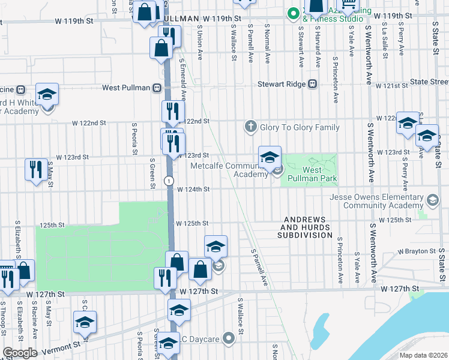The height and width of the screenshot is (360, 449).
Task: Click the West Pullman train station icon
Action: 157,88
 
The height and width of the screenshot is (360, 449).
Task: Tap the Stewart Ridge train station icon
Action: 312,85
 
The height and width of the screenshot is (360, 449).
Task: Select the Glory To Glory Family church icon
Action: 250,127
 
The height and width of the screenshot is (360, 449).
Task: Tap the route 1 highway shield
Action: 170,180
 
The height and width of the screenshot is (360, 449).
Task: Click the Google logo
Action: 20,352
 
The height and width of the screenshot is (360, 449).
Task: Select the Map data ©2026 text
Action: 424,355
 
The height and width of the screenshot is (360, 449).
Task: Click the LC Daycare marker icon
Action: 228,338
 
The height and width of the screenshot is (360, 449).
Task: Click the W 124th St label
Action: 193,190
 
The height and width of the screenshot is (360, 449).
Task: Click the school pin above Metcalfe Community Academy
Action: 270,158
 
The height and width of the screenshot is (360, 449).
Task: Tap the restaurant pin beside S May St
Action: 36,170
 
